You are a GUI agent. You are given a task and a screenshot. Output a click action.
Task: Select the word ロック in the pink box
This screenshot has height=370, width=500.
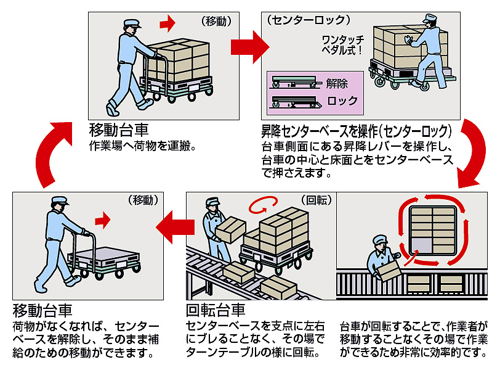342,101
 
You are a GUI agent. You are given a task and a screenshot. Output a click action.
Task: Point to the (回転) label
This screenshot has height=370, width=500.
316,200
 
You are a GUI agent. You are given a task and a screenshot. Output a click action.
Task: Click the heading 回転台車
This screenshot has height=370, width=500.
216,309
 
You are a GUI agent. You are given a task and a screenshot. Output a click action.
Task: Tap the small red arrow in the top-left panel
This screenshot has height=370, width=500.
167,23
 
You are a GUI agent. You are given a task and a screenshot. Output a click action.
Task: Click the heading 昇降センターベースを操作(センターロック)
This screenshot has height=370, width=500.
357,131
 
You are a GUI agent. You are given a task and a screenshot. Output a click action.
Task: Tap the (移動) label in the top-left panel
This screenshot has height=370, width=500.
216,20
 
